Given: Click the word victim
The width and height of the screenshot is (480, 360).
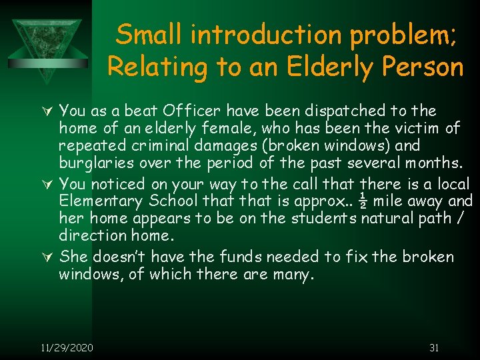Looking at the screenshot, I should pos(422,127).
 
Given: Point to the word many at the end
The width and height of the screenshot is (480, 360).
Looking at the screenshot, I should pos(291,274).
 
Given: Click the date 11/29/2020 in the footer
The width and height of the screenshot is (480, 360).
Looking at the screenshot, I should pos(67,347).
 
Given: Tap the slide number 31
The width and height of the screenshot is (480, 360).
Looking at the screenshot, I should pos(434,347).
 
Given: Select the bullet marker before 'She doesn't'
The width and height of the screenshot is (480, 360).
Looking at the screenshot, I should pos(47,257).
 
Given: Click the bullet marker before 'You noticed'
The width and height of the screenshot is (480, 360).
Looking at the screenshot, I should pos(47,183).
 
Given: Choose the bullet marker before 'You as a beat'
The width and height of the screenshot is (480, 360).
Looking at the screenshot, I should pos(47,110).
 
